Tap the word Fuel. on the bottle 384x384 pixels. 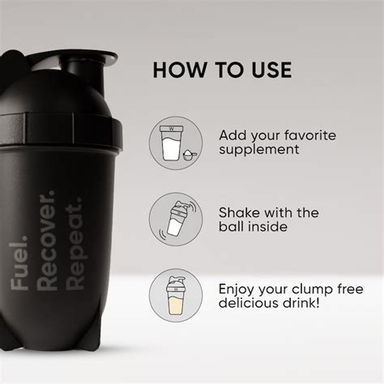(19, 259)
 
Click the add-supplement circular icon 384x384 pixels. (175, 143)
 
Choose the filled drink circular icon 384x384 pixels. (175, 296)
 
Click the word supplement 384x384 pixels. (260, 150)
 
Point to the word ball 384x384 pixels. (232, 228)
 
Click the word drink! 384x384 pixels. (303, 305)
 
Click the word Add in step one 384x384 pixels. (233, 134)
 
